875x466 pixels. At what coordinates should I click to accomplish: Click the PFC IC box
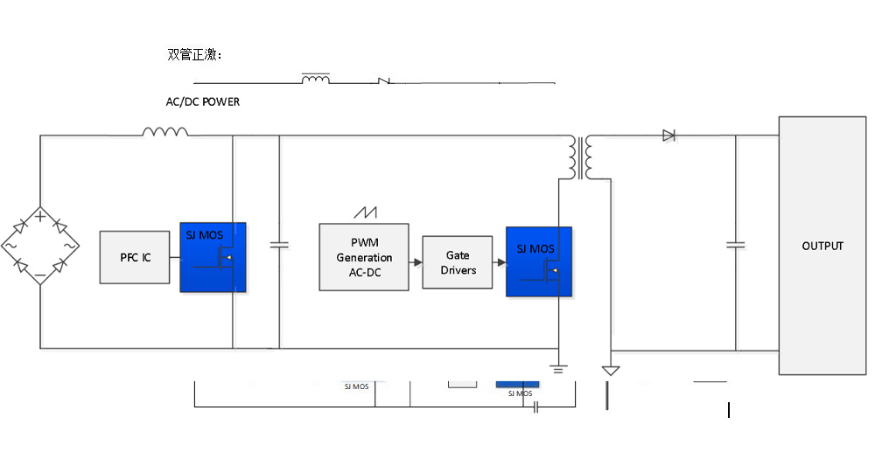[x=135, y=257]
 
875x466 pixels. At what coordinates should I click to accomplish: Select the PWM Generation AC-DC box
[x=364, y=257]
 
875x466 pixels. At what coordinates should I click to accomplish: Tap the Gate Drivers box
[x=458, y=262]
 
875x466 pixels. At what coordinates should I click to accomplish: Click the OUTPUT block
[x=822, y=246]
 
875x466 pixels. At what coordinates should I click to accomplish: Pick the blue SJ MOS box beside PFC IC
[x=213, y=257]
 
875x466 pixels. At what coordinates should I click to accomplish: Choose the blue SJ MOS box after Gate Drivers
[x=539, y=261]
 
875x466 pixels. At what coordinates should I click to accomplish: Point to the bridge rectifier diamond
[x=40, y=246]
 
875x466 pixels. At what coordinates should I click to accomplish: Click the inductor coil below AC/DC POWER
[x=165, y=132]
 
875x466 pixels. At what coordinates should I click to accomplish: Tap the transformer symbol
[x=582, y=157]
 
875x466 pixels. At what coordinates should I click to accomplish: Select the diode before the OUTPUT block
[x=669, y=136]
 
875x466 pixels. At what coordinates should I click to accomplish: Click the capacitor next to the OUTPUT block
[x=736, y=246]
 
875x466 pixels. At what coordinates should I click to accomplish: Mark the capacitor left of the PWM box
[x=279, y=246]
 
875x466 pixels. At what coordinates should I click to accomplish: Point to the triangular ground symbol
[x=611, y=371]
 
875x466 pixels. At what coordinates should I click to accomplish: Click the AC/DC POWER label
[x=203, y=102]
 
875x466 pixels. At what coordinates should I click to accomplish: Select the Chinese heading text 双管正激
[x=194, y=55]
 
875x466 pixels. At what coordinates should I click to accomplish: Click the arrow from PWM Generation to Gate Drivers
[x=415, y=262]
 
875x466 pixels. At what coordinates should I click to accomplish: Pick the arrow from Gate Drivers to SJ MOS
[x=500, y=262]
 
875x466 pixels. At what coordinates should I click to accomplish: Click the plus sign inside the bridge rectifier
[x=40, y=215]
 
